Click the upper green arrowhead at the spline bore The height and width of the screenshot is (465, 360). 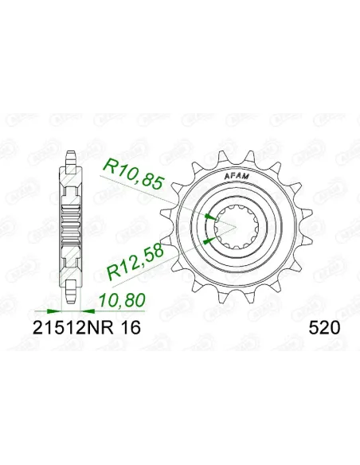(209, 217)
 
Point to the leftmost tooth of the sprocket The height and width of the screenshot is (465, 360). (157, 229)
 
